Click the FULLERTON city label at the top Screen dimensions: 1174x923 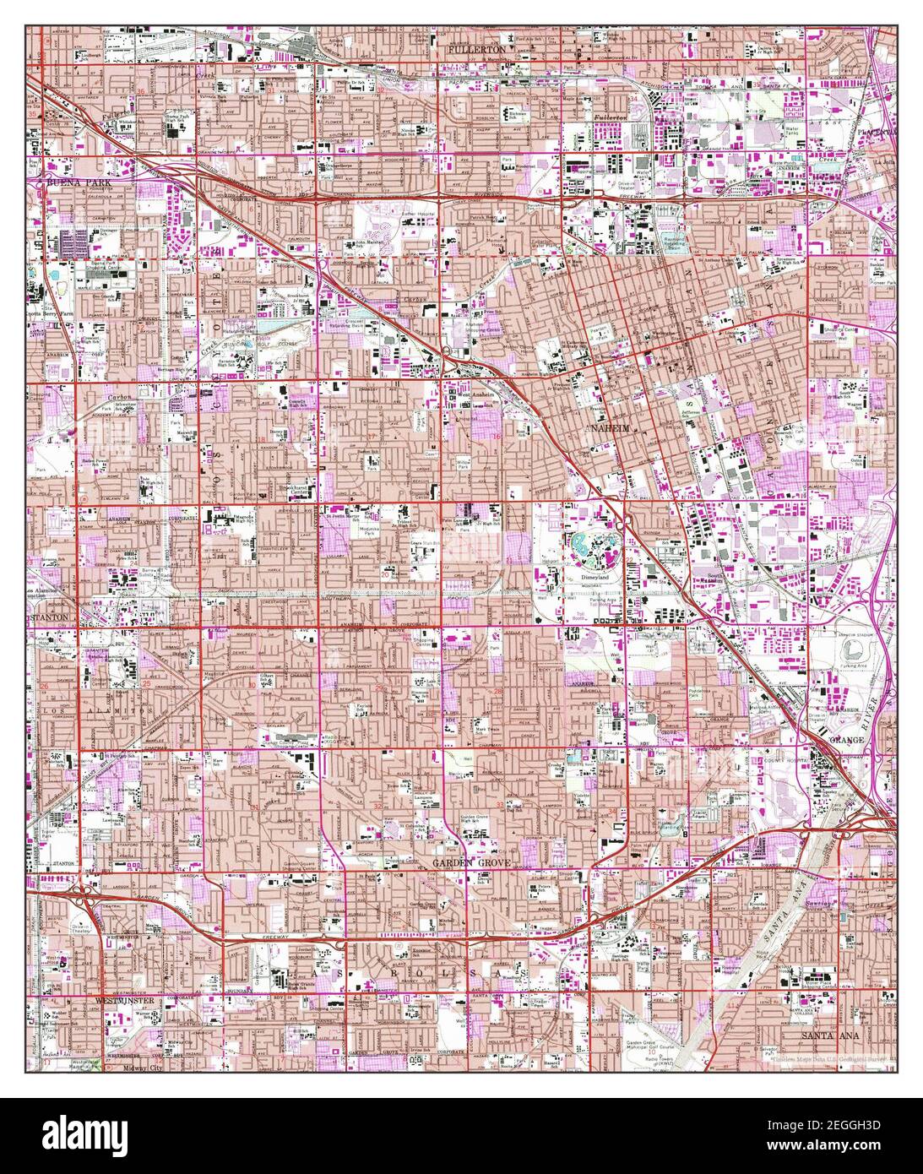[x=476, y=50]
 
